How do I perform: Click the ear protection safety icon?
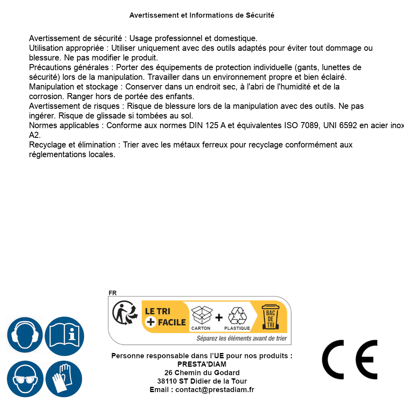[x=25, y=335]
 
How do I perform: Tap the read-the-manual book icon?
[x=64, y=335]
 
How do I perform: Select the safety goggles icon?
[x=25, y=379]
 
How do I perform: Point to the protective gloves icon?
[x=64, y=379]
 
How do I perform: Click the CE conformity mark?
[x=349, y=359]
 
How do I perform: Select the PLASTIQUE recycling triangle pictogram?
[x=237, y=316]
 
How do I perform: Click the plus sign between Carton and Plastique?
[x=219, y=318]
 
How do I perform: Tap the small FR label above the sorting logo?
[x=112, y=293]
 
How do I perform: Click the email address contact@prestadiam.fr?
[x=215, y=390]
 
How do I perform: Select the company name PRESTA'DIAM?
[x=202, y=364]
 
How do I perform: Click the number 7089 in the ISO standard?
[x=311, y=125]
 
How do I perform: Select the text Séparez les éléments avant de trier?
[x=241, y=339]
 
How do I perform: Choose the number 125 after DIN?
[x=212, y=125]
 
